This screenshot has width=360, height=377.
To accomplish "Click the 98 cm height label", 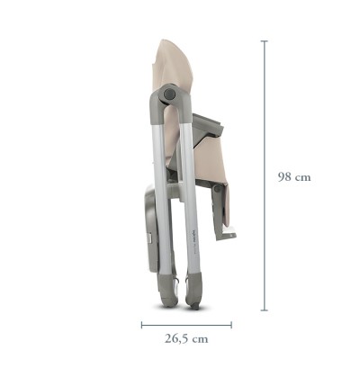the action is click(294, 177).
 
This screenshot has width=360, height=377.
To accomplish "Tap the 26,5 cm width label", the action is click(186, 339).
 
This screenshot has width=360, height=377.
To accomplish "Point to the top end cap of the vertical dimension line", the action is click(264, 41).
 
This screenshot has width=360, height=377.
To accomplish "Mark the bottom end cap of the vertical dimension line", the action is click(264, 310).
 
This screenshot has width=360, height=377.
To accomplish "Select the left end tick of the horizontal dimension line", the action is click(141, 325).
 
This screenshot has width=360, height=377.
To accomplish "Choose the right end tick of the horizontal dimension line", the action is click(231, 325).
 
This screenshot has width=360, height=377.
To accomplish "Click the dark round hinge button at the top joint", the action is click(169, 94).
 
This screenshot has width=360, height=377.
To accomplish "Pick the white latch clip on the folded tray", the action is click(149, 238).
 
